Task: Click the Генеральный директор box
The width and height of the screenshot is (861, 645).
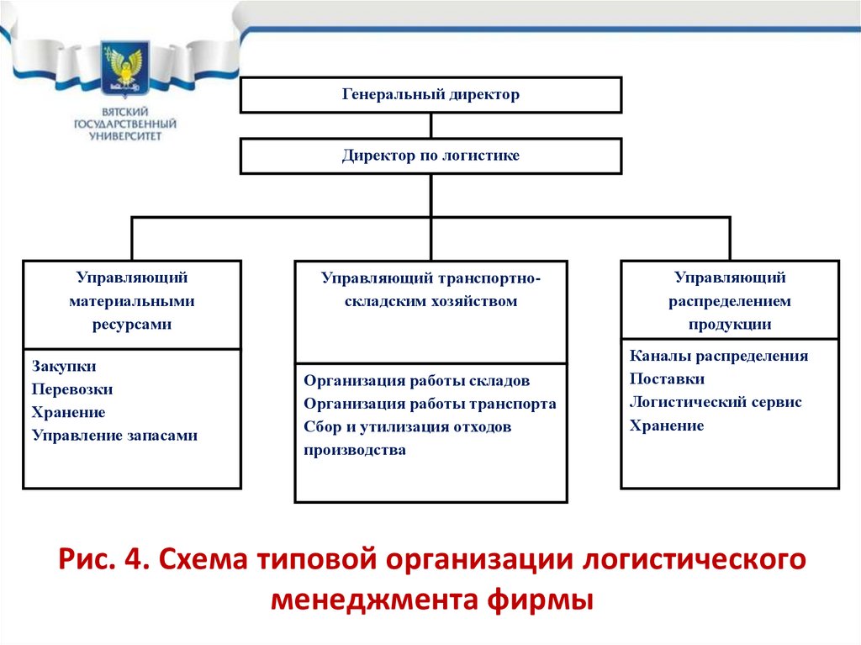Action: coord(430,95)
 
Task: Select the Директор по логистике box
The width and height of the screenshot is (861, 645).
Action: coord(430,156)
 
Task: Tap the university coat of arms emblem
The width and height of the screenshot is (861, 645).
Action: coord(124,71)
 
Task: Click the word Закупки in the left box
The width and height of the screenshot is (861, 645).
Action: coord(64,367)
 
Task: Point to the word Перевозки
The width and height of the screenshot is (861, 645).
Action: coord(72,389)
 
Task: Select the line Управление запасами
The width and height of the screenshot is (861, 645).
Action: coord(114,436)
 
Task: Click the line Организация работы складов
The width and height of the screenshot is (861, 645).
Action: coord(416,380)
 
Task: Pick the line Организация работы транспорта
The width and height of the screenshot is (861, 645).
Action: coord(430,404)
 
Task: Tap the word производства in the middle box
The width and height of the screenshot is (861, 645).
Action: coord(355,450)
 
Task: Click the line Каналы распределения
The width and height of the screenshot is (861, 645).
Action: coord(719,356)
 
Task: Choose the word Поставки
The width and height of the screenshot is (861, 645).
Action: coord(667,379)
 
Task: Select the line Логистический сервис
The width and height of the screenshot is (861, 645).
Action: coord(716,402)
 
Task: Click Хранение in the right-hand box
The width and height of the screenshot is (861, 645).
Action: coord(667,426)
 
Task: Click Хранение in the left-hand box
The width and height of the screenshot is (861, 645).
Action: coord(69,413)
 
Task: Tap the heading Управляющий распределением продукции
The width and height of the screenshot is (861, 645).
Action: coord(730,301)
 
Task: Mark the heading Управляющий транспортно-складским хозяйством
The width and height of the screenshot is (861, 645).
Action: coord(430,289)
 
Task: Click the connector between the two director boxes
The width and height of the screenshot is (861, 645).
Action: coord(430,125)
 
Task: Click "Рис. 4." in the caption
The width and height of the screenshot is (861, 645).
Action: coord(103,559)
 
